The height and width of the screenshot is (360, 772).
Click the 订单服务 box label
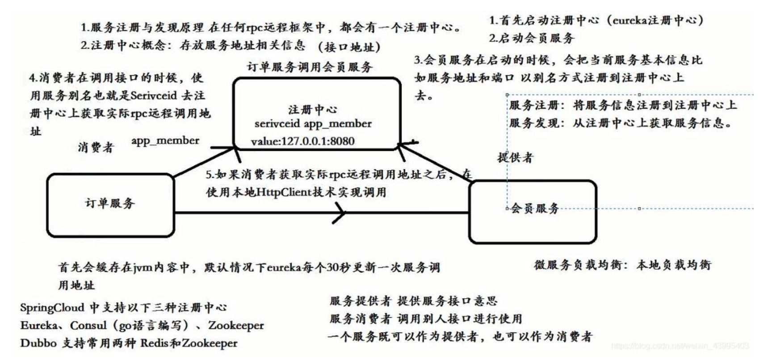pos(110,203)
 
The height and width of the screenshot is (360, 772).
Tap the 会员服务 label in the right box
pos(535,208)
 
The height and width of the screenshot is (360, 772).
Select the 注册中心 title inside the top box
pos(313,109)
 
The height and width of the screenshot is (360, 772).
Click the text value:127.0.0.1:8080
pos(302,142)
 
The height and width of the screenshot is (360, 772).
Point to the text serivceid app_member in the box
pos(313,124)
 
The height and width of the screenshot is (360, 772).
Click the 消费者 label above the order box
pos(96,147)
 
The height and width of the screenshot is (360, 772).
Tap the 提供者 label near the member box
pos(515,157)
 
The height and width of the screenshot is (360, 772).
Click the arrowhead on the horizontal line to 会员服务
pos(340,213)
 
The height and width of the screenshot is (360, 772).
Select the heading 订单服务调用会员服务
pos(310,67)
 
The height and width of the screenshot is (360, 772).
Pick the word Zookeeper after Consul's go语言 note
pos(236,326)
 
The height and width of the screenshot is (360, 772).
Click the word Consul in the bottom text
pos(88,326)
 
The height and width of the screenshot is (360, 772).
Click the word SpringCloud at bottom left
pos(52,308)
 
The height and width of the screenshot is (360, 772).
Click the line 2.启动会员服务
pos(531,38)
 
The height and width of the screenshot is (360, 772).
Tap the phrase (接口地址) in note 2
pos(349,47)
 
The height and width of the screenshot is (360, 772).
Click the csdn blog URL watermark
pos(680,346)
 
